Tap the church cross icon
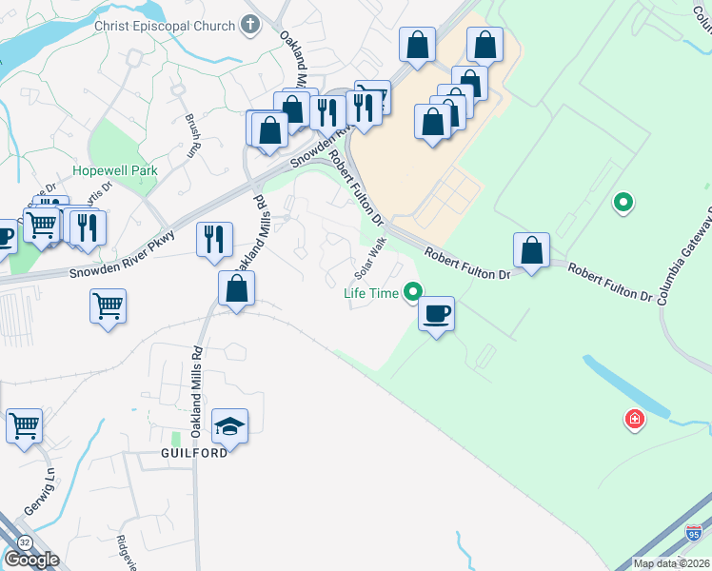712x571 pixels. [x=251, y=25]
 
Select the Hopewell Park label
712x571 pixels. [x=114, y=171]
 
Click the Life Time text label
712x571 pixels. [x=371, y=293]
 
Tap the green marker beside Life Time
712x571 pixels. [x=412, y=292]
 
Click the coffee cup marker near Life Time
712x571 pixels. [x=436, y=314]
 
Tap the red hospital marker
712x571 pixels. [x=633, y=418]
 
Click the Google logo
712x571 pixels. [x=30, y=560]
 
